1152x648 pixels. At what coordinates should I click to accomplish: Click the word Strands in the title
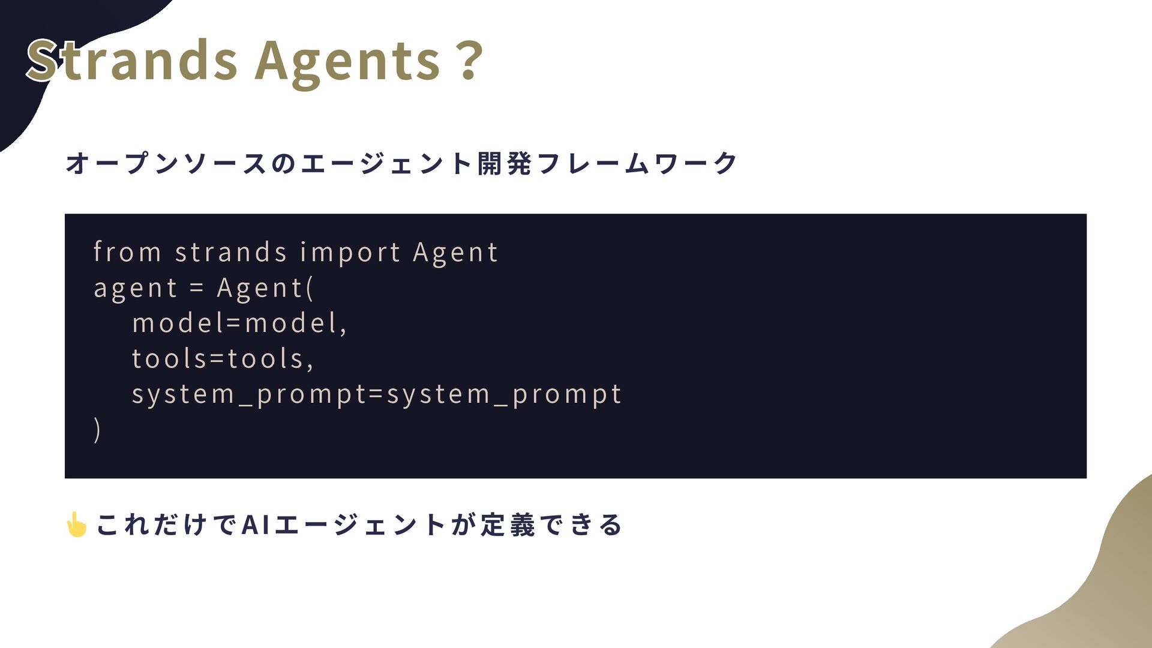pyautogui.click(x=133, y=60)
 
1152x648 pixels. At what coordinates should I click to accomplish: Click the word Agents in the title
pyautogui.click(x=348, y=62)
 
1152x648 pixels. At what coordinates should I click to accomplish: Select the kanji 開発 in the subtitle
pyautogui.click(x=505, y=163)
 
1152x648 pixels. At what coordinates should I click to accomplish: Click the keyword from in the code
pyautogui.click(x=128, y=251)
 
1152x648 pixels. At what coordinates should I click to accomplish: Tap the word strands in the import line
pyautogui.click(x=231, y=252)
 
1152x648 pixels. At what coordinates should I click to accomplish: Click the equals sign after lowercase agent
pyautogui.click(x=197, y=288)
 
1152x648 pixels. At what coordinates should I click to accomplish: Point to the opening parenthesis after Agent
pyautogui.click(x=310, y=288)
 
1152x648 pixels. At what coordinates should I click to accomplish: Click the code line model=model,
pyautogui.click(x=239, y=323)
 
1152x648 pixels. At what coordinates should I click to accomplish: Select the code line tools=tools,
pyautogui.click(x=223, y=359)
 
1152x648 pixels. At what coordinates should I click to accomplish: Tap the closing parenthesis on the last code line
pyautogui.click(x=97, y=430)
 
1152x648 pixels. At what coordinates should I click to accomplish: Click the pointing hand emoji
pyautogui.click(x=77, y=524)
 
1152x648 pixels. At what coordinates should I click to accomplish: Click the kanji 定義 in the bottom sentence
pyautogui.click(x=507, y=524)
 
